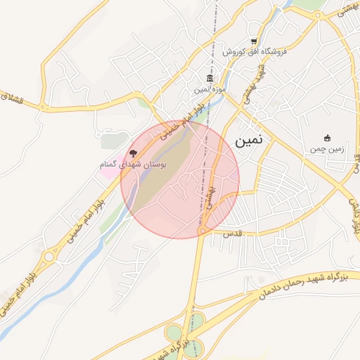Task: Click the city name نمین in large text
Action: click(248, 140)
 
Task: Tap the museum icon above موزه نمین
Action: click(210, 78)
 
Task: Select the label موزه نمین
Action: click(210, 90)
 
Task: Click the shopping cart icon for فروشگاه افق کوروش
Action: click(254, 41)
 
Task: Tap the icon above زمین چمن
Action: click(327, 138)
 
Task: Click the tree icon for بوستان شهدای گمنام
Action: click(132, 153)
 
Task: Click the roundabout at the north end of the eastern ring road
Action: click(319, 15)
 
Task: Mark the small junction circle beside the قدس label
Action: click(203, 229)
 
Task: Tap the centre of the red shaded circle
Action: click(180, 179)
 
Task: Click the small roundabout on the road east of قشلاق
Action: click(44, 108)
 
